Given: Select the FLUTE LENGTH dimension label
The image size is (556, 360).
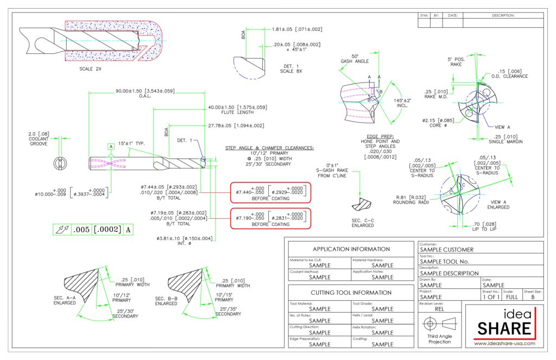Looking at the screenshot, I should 237,112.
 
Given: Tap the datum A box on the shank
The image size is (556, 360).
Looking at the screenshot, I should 111,147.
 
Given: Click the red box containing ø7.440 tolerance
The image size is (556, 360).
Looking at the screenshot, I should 270,192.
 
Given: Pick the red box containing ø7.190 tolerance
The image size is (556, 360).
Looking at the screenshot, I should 270,218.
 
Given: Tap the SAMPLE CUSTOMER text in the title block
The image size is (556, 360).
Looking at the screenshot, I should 447,250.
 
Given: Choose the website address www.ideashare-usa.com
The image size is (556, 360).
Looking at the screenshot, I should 504,343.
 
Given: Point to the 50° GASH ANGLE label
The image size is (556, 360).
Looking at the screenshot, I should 355,59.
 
